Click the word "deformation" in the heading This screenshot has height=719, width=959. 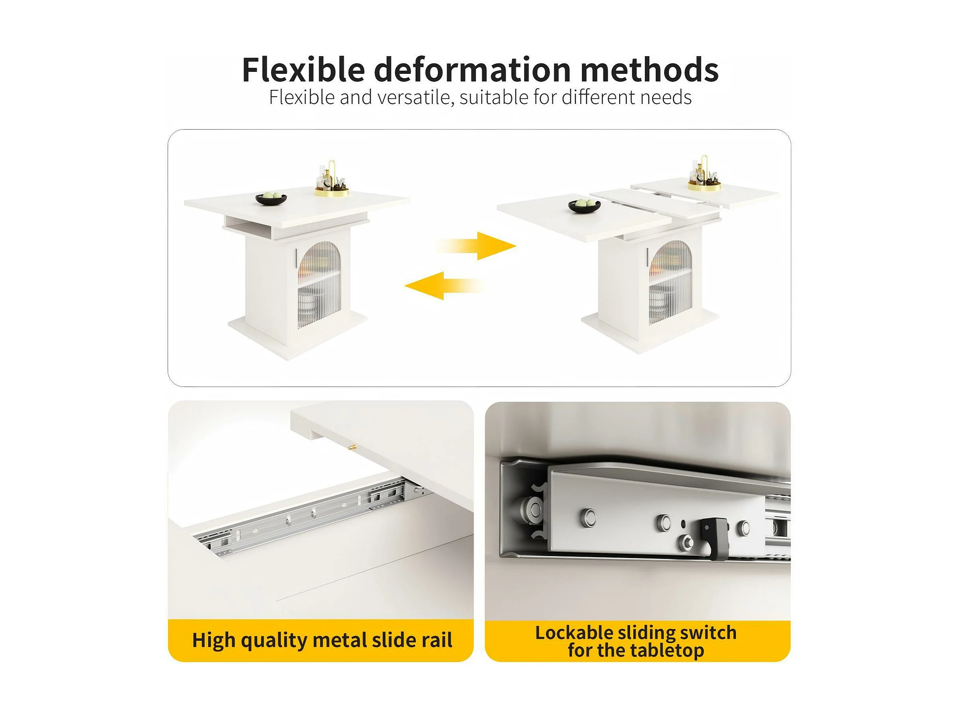click(x=472, y=69)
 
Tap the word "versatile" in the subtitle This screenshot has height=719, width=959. click(x=416, y=97)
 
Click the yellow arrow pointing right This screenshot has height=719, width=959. click(x=476, y=246)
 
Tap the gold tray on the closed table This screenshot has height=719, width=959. click(x=332, y=191)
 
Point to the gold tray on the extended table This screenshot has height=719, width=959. click(x=705, y=186)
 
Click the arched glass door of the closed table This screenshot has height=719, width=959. click(x=319, y=284)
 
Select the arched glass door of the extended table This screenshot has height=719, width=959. click(x=670, y=282)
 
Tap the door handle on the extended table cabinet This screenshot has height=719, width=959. click(x=647, y=257)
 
